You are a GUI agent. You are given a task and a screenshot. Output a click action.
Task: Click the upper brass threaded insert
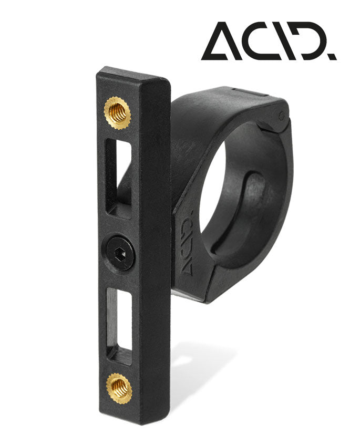(117, 112)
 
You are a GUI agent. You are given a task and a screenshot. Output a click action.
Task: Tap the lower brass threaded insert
(119, 388)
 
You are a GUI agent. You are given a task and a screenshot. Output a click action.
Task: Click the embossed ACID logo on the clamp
(188, 246)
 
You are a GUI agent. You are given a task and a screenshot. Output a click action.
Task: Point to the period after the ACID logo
(333, 56)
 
